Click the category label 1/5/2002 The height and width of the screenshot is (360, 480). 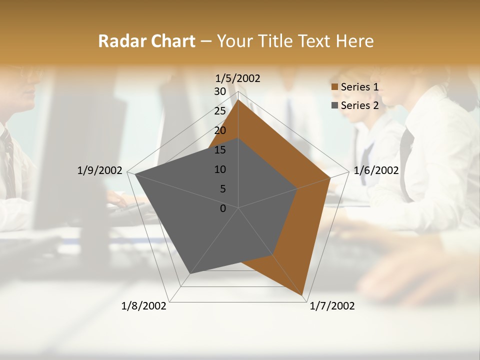click(237, 78)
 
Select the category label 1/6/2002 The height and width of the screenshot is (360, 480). click(376, 170)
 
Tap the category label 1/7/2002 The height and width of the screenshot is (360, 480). click(332, 306)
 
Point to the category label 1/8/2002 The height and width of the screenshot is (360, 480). click(144, 306)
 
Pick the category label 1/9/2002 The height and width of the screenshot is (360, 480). click(99, 170)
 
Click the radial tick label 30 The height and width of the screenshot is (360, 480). click(220, 91)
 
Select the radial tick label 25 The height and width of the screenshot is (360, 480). click(220, 111)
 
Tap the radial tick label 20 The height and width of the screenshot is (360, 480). click(220, 130)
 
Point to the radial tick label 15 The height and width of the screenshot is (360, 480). click(220, 150)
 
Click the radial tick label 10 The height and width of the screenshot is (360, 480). click(220, 169)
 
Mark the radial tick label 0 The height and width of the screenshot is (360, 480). click(223, 208)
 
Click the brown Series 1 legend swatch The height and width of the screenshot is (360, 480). click(334, 87)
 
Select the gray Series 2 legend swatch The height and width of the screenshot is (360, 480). click(334, 105)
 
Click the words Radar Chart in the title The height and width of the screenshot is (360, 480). click(146, 41)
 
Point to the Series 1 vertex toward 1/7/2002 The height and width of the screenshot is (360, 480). click(303, 296)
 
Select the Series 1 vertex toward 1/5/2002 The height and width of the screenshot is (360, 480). click(238, 100)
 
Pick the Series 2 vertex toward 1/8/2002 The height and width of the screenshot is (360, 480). click(189, 273)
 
